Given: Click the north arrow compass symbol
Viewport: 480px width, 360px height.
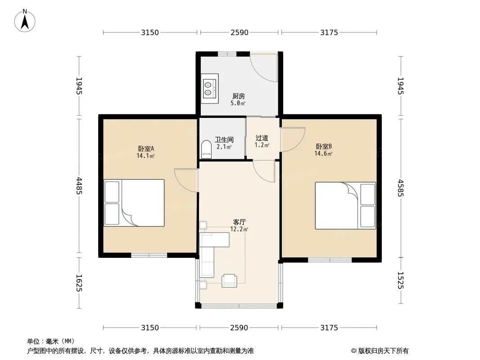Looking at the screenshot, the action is [25, 20].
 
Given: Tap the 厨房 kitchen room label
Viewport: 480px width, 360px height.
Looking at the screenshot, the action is [239, 96].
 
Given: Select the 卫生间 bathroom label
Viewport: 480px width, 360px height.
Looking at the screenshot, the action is [224, 140].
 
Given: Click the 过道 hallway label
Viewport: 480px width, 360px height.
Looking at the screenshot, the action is [262, 138].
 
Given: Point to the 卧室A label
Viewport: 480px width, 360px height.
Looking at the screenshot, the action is [146, 148].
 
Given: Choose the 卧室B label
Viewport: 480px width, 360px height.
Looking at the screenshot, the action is [324, 147].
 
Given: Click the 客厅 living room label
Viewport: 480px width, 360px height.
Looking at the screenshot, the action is [240, 222].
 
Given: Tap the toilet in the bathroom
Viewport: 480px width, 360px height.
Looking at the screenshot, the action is [207, 149].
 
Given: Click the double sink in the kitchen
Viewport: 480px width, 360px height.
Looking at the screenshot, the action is [209, 88].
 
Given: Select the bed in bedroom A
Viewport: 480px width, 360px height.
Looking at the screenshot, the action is [134, 203].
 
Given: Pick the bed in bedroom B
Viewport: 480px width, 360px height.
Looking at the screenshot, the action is [345, 206].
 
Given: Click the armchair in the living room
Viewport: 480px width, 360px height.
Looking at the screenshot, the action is [229, 280].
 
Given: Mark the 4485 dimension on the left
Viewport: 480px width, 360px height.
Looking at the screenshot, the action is [79, 186].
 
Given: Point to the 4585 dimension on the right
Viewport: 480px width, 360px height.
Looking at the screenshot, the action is [401, 188].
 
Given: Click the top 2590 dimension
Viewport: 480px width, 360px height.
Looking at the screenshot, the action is [240, 32].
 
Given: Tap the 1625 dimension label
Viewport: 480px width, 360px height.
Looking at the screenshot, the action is [79, 283].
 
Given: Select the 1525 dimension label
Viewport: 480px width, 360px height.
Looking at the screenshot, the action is [401, 280].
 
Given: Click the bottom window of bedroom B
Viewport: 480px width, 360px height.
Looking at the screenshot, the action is [330, 260].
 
